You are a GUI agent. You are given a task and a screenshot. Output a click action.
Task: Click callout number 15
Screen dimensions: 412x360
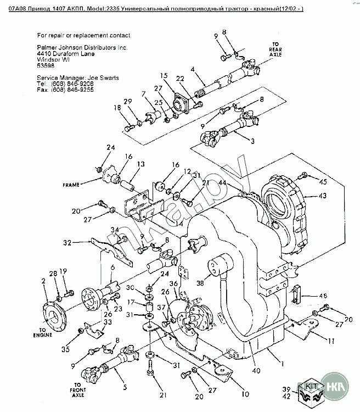pos(164,75)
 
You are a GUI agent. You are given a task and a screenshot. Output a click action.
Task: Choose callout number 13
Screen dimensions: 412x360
pos(141,164)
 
